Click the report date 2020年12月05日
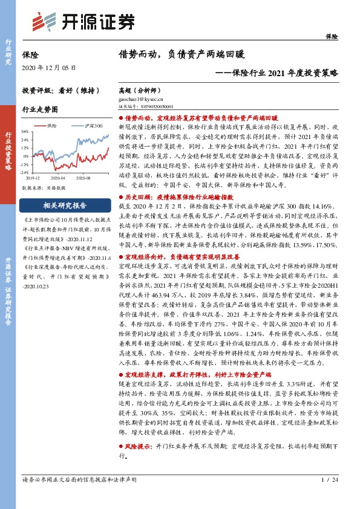coord(50,67)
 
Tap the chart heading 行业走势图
coord(40,109)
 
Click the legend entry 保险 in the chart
coord(51,125)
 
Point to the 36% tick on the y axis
coord(25,131)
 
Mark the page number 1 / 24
coord(332,496)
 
